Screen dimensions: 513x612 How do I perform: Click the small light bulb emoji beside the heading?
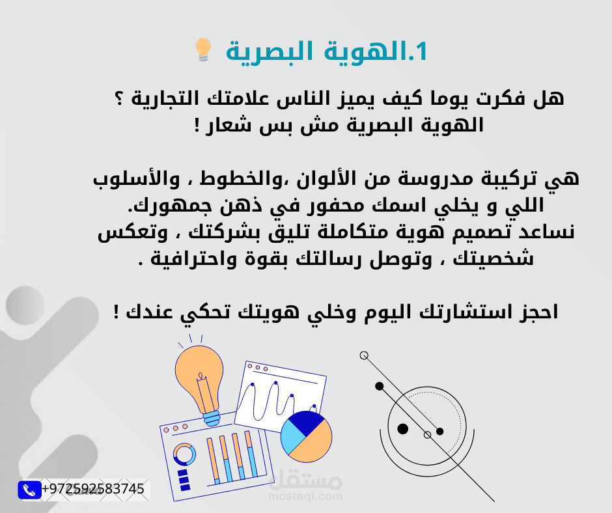tap(203, 50)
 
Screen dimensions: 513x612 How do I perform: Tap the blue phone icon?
tap(29, 490)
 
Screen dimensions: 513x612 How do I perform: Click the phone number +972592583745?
tap(93, 489)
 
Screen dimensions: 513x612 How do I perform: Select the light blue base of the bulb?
tap(211, 416)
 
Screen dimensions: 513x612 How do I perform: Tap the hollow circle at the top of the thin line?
tap(364, 355)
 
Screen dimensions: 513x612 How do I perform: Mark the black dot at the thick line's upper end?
tap(380, 386)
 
